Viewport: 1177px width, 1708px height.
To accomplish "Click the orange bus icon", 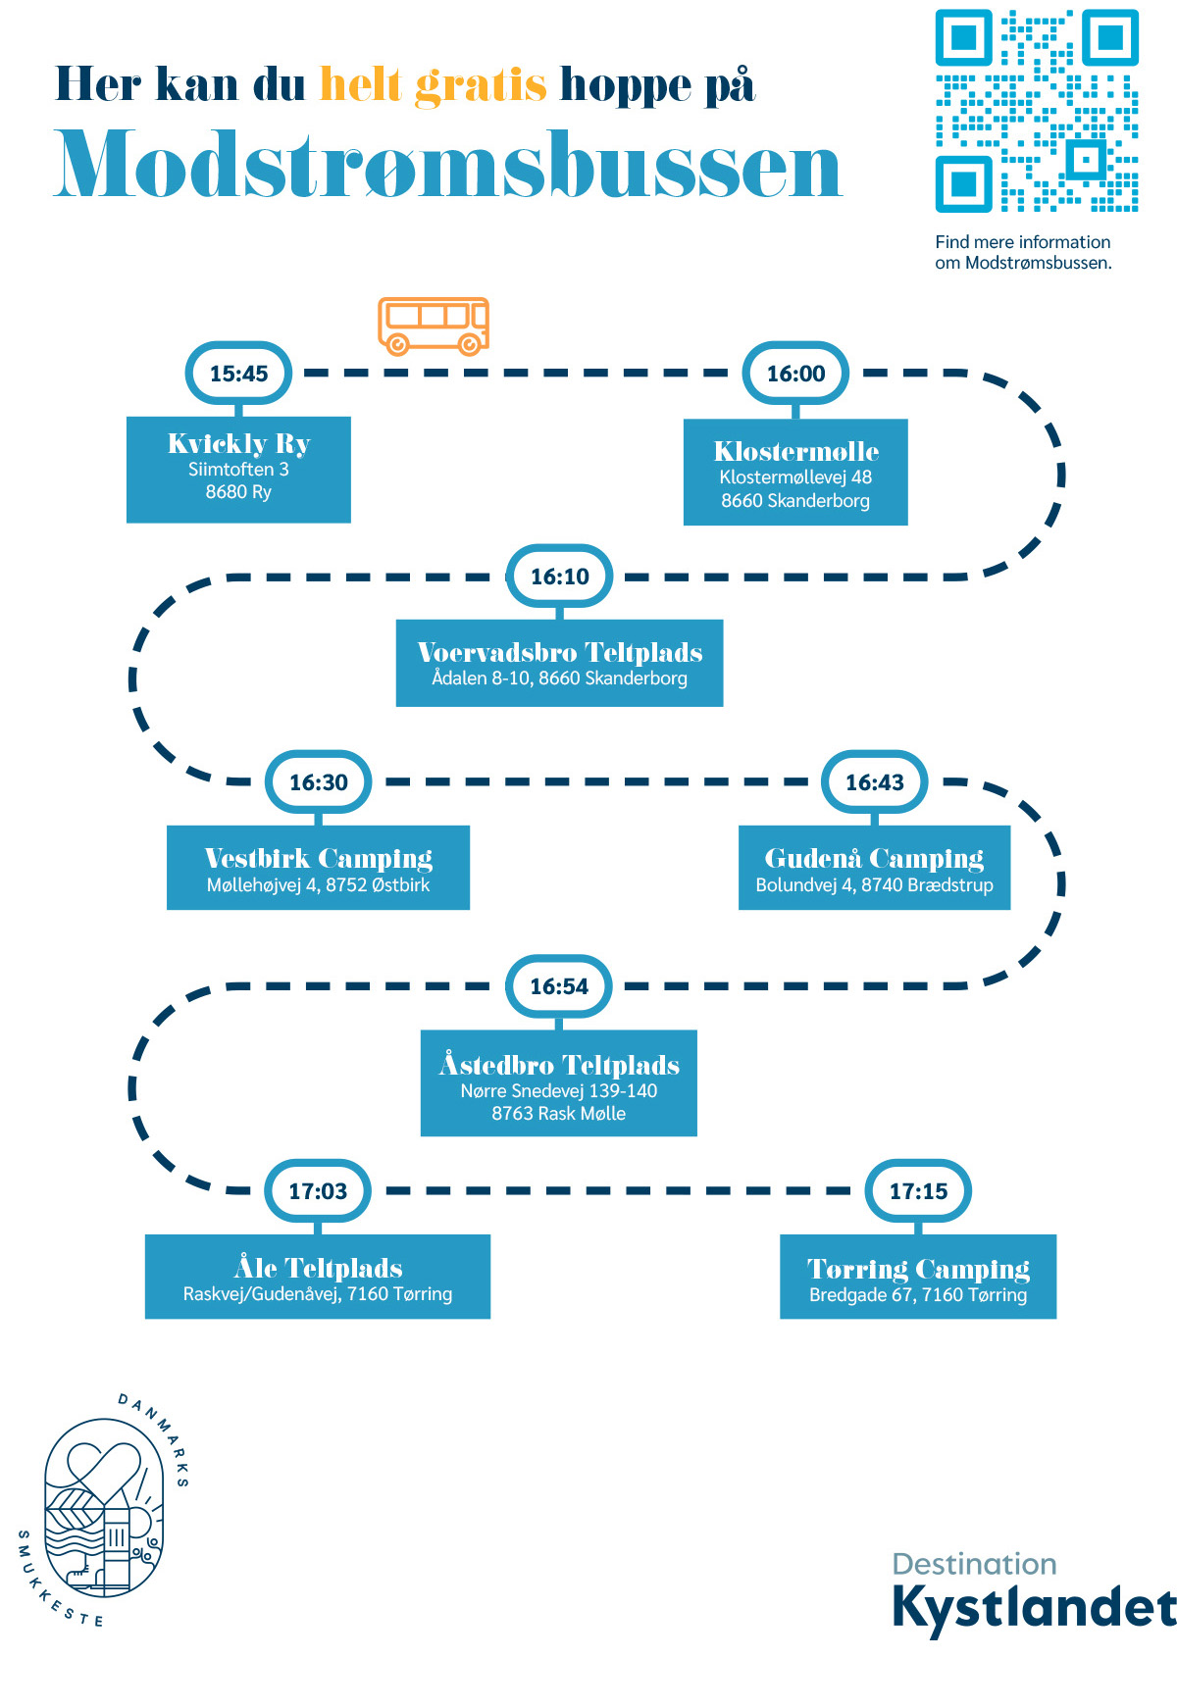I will pyautogui.click(x=434, y=326).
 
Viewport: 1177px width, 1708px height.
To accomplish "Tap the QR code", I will pyautogui.click(x=1037, y=111).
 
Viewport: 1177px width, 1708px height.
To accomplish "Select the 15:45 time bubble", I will pyautogui.click(x=238, y=374).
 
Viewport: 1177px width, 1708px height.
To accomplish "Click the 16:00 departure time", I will pyautogui.click(x=795, y=374).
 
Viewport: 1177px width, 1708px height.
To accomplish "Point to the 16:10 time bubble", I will pyautogui.click(x=559, y=577).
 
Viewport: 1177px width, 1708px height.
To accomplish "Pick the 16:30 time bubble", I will pyautogui.click(x=318, y=782).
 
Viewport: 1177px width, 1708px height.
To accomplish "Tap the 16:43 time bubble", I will pyautogui.click(x=874, y=782).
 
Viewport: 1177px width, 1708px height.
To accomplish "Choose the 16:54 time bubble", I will pyautogui.click(x=559, y=986).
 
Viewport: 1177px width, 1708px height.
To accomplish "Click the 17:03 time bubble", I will pyautogui.click(x=318, y=1191).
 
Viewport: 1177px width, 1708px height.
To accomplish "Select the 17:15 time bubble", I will pyautogui.click(x=918, y=1191).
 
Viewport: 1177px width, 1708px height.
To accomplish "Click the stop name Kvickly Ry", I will pyautogui.click(x=238, y=444).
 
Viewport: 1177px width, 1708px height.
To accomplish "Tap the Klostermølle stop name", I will pyautogui.click(x=795, y=452).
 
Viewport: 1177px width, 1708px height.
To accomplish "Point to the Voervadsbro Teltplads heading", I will pyautogui.click(x=559, y=653).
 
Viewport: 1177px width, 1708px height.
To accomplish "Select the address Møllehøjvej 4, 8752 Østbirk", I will pyautogui.click(x=318, y=885).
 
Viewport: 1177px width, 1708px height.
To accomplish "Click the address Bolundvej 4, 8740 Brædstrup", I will pyautogui.click(x=874, y=885).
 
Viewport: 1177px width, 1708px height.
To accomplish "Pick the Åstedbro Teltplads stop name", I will pyautogui.click(x=559, y=1065).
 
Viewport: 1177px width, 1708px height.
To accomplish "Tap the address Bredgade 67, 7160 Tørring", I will pyautogui.click(x=918, y=1295).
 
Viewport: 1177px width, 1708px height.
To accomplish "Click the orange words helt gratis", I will pyautogui.click(x=433, y=85).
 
